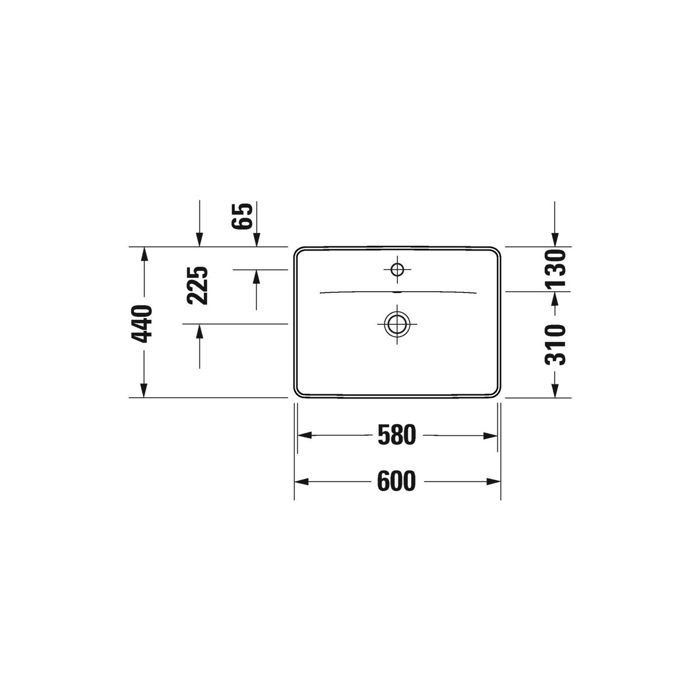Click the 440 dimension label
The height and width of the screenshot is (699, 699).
tap(142, 324)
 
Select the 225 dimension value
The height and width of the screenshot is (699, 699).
tap(197, 285)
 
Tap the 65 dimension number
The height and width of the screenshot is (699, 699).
tap(242, 216)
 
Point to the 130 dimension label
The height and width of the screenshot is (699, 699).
tap(555, 268)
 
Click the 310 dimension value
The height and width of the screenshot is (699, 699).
tap(555, 345)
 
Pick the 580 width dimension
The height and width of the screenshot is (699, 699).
tap(397, 435)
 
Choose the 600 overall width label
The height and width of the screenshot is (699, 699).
tap(397, 482)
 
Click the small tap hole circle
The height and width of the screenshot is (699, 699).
tap(397, 270)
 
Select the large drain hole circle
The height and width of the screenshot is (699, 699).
tap(397, 323)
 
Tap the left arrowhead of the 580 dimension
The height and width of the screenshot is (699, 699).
tap(305, 435)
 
